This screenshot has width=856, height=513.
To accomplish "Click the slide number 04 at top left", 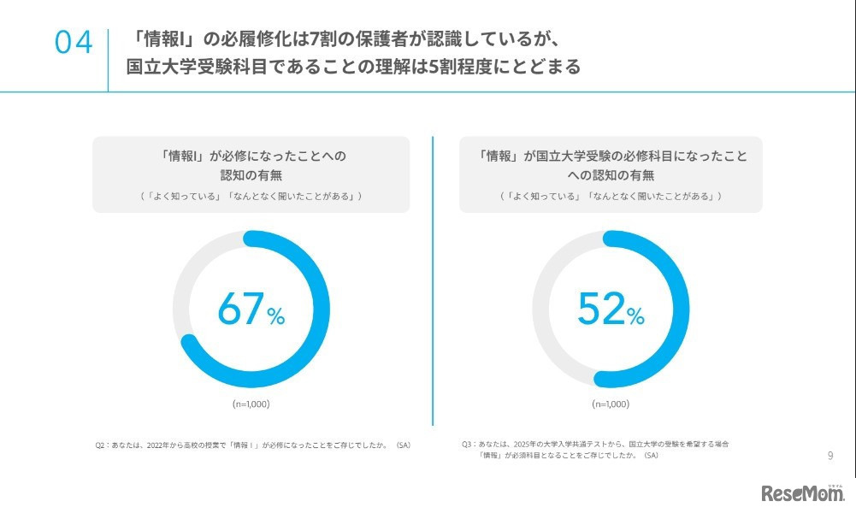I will [74, 43].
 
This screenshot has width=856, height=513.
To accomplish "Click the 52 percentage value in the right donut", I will [600, 309].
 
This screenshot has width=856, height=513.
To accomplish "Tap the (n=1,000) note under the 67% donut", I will [251, 404].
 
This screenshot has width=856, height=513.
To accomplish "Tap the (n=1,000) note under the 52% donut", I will [611, 404].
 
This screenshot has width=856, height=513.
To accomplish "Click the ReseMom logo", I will [802, 493].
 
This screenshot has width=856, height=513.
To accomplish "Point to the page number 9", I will [829, 456].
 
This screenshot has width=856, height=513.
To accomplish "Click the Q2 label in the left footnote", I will [101, 445].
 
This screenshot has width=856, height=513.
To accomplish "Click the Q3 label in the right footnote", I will [468, 445].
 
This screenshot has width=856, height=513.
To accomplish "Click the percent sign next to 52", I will [635, 317].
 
